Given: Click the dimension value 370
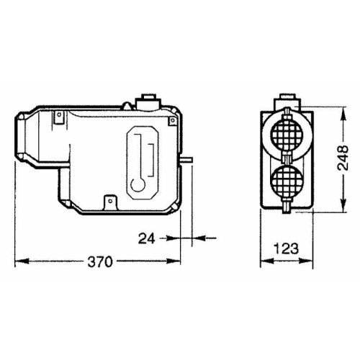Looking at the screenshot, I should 99,261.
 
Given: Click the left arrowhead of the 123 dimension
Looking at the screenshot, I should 261,261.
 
